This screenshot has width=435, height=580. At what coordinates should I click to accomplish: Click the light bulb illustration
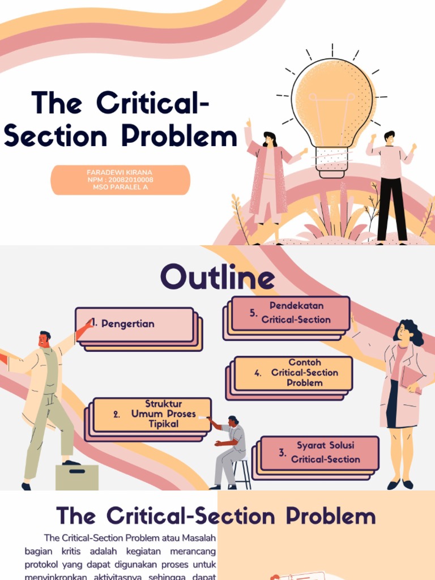point(332,108)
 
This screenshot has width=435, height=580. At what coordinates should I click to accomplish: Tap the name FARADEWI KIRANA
point(120,172)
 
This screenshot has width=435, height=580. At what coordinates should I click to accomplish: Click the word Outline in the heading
point(217,278)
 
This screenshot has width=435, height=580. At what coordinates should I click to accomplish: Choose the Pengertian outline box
point(135,325)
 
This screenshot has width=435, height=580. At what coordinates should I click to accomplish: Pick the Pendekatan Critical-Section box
point(291,313)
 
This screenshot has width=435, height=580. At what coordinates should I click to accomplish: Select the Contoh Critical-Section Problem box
point(293,373)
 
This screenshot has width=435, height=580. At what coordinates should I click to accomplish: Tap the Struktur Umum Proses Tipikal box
point(152,414)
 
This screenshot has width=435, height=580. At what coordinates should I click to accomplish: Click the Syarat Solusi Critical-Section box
point(319,453)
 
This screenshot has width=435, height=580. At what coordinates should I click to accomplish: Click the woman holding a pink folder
point(404,396)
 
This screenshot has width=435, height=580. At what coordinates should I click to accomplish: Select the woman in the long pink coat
point(268,178)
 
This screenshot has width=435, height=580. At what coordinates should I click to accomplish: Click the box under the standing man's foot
point(76,477)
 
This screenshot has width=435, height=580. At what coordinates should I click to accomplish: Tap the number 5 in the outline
point(253,313)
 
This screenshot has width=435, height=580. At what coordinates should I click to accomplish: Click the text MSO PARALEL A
point(120,187)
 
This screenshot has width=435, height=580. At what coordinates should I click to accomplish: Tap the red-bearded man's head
point(44,339)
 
